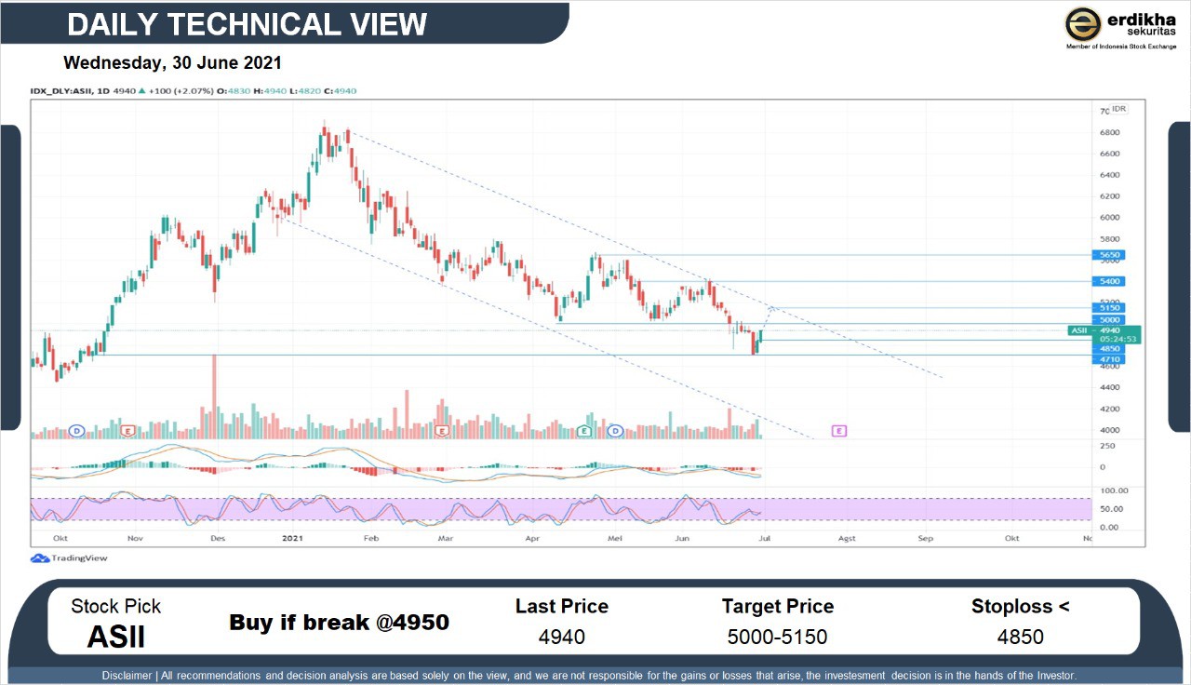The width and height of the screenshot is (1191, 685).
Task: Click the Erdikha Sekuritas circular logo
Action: [x=1083, y=24]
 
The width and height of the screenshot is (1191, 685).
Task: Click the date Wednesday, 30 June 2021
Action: [x=172, y=63]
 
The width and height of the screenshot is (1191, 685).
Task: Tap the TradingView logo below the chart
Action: [x=70, y=558]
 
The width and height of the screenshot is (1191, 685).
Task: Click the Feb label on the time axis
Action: [x=370, y=538]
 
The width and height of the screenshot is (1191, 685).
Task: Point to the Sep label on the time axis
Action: [x=925, y=538]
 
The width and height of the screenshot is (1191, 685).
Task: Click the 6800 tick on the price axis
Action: [x=1109, y=132]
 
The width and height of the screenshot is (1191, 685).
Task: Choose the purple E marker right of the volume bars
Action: [x=839, y=431]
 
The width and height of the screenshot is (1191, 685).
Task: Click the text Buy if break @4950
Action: [x=339, y=622]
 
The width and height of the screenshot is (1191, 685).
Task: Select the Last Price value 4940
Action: [x=561, y=638]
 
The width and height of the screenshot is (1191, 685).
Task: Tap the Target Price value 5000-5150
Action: [x=777, y=638]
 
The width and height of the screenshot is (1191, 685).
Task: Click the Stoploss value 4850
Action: [x=1020, y=638]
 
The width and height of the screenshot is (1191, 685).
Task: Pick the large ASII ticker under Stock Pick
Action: [x=116, y=637]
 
